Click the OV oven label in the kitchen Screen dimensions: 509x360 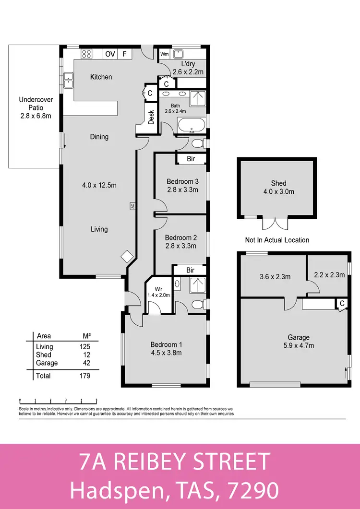coord(110,54)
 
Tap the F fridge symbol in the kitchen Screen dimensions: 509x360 coord(124,54)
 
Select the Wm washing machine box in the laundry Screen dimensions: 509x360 coord(164,54)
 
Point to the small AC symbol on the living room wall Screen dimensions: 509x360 coord(131,206)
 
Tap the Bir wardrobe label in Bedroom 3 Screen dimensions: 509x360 coord(191,159)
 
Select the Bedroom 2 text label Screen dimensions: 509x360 coord(180,237)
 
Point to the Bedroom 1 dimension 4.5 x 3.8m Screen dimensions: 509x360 coord(166,353)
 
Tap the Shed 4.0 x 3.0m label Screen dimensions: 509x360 coord(278,187)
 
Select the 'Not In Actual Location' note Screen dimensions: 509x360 coord(277,240)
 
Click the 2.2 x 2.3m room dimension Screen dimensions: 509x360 coord(329,275)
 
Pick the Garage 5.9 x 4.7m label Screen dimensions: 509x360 coord(299,341)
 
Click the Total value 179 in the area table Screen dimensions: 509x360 coord(84,376)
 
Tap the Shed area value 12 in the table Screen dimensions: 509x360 coord(86,355)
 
